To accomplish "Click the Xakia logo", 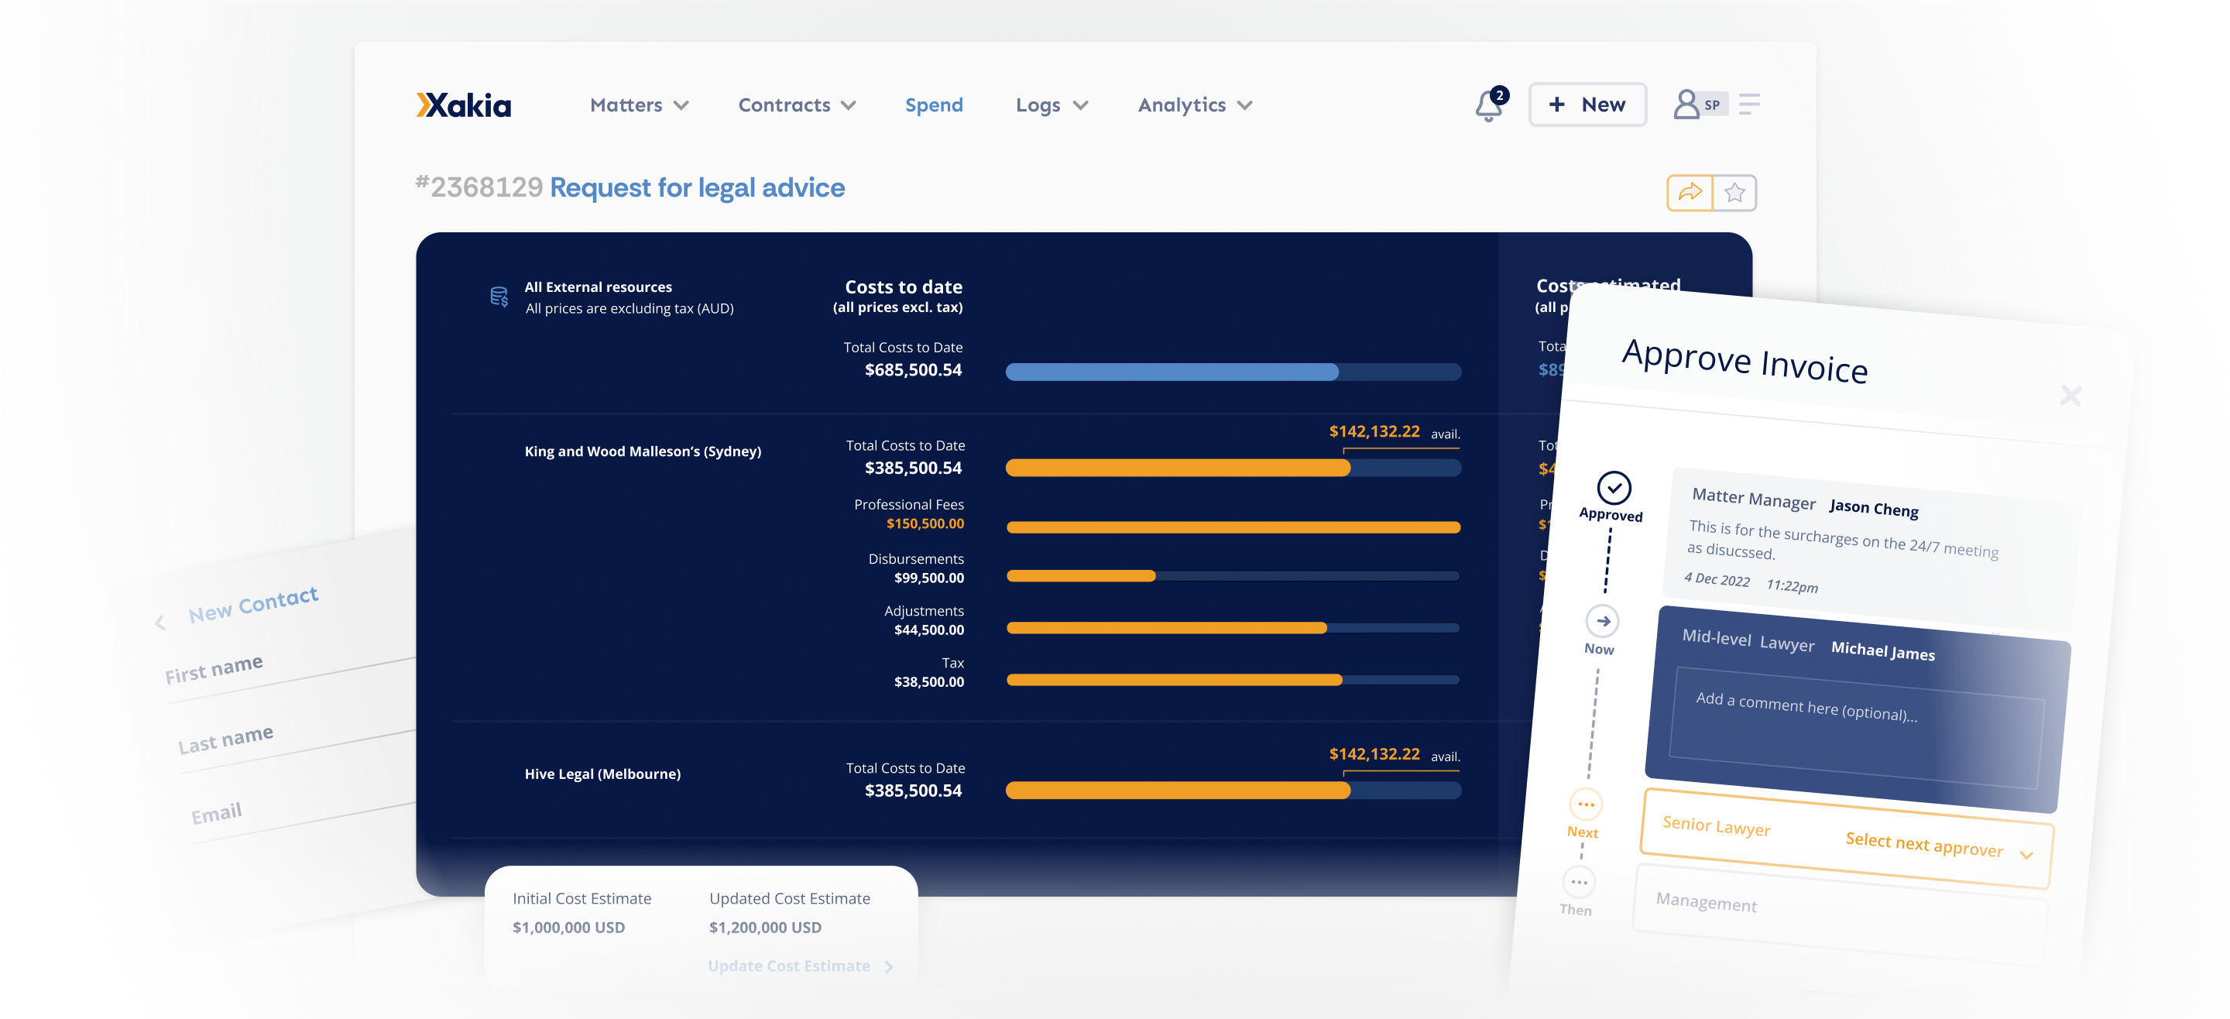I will tap(463, 105).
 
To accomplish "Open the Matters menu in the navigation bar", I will tap(638, 105).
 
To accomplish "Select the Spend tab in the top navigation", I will tap(933, 105).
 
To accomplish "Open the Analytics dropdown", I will tap(1194, 105).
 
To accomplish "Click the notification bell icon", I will tap(1488, 105).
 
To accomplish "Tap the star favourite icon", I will tap(1734, 192).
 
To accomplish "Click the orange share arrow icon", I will tap(1689, 192).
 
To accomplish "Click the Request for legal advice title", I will tap(697, 187).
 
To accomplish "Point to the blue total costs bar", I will tap(1172, 372).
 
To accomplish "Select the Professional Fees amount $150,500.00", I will tap(924, 523).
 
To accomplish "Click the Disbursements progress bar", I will tap(1232, 576).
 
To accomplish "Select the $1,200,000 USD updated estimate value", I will tap(764, 927).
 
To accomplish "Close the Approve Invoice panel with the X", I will tap(2070, 396).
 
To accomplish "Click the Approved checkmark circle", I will tap(1614, 487).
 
